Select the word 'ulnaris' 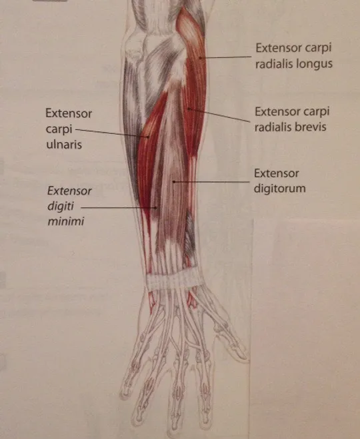pyautogui.click(x=64, y=145)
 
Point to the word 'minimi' pyautogui.click(x=66, y=221)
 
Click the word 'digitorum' pyautogui.click(x=279, y=188)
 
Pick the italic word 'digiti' pyautogui.click(x=60, y=207)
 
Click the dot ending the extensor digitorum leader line pyautogui.click(x=174, y=182)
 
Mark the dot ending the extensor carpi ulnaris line pyautogui.click(x=148, y=137)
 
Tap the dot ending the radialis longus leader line pyautogui.click(x=200, y=58)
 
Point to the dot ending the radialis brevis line pyautogui.click(x=189, y=109)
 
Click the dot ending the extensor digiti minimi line pyautogui.click(x=156, y=207)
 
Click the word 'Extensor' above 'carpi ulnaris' pyautogui.click(x=69, y=114)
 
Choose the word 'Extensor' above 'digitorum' pyautogui.click(x=277, y=173)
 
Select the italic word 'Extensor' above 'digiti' pyautogui.click(x=69, y=191)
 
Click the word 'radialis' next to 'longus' pyautogui.click(x=274, y=64)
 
